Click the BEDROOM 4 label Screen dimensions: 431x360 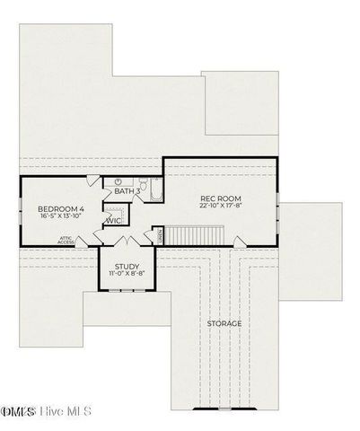(61, 207)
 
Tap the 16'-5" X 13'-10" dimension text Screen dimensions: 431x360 (61, 216)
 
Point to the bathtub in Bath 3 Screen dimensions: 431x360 (155, 192)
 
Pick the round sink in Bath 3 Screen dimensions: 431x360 (118, 180)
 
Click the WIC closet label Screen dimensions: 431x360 (114, 220)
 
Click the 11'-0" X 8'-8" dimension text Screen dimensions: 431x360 (127, 273)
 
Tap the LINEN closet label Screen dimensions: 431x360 (161, 235)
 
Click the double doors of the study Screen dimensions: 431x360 (127, 242)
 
